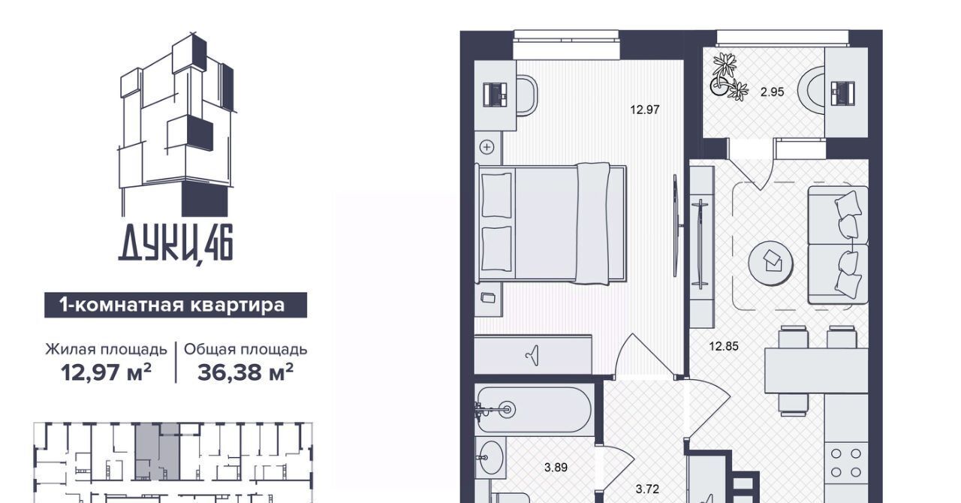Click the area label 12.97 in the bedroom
click(644, 110)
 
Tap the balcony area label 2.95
click(773, 92)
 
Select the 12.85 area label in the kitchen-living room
click(724, 346)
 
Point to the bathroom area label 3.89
click(556, 468)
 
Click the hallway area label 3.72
click(647, 489)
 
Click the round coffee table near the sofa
click(770, 263)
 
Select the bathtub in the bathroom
click(535, 409)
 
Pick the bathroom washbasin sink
click(490, 457)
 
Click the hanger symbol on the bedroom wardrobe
click(532, 355)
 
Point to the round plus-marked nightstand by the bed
click(487, 148)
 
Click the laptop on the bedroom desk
click(496, 95)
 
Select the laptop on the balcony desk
click(842, 93)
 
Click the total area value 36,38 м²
click(246, 372)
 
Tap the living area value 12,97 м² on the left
click(106, 372)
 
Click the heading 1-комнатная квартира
click(172, 305)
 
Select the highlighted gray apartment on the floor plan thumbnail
click(157, 451)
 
